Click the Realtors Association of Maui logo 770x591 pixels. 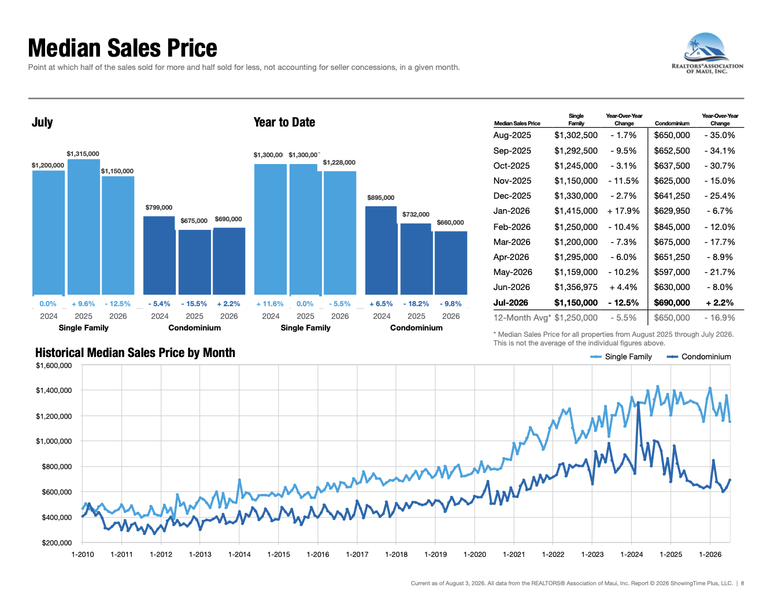pyautogui.click(x=706, y=53)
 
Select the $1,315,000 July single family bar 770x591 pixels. pyautogui.click(x=84, y=226)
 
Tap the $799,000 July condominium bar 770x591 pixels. pyautogui.click(x=159, y=255)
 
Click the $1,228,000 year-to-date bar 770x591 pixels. pyautogui.click(x=340, y=233)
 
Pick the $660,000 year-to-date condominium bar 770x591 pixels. pyautogui.click(x=451, y=263)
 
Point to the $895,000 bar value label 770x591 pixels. pyautogui.click(x=380, y=198)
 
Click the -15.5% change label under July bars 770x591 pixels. pyautogui.click(x=194, y=304)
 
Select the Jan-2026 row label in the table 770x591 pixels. pyautogui.click(x=512, y=211)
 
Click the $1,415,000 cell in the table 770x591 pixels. pyautogui.click(x=576, y=211)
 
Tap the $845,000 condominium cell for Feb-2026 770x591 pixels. pyautogui.click(x=672, y=227)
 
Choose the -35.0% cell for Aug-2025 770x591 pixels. pyautogui.click(x=720, y=135)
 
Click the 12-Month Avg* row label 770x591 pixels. pyautogui.click(x=522, y=318)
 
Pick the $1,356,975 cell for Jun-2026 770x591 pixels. pyautogui.click(x=576, y=287)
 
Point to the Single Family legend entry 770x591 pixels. pyautogui.click(x=621, y=356)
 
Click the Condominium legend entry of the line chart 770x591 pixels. pyautogui.click(x=699, y=356)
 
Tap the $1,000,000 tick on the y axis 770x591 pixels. pyautogui.click(x=54, y=441)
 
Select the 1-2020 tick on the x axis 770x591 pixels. pyautogui.click(x=475, y=554)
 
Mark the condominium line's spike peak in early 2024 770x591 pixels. pyautogui.click(x=638, y=403)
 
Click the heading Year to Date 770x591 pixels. pyautogui.click(x=284, y=122)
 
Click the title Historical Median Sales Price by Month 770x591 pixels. pyautogui.click(x=135, y=352)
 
